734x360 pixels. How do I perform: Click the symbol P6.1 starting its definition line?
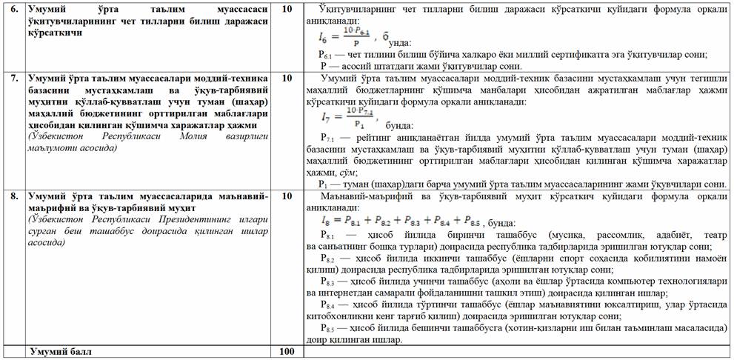[x=325, y=56]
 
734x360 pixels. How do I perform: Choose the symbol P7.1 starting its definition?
[x=329, y=138]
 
